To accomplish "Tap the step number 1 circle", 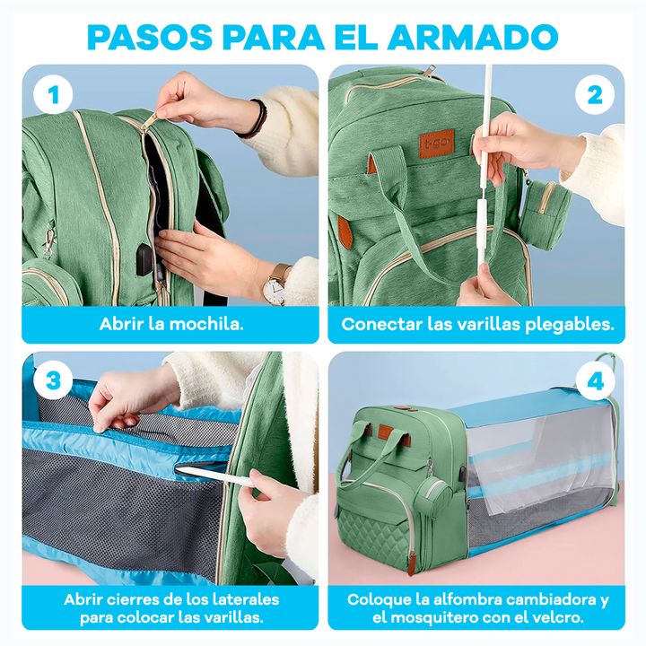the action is click(53, 95).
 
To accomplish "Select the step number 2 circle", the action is click(595, 95).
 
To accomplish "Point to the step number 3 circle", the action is click(53, 380).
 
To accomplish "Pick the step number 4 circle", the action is click(595, 381).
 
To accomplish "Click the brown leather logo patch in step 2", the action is click(436, 144).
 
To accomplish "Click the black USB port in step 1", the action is click(144, 259).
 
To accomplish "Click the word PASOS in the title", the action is click(150, 37).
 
